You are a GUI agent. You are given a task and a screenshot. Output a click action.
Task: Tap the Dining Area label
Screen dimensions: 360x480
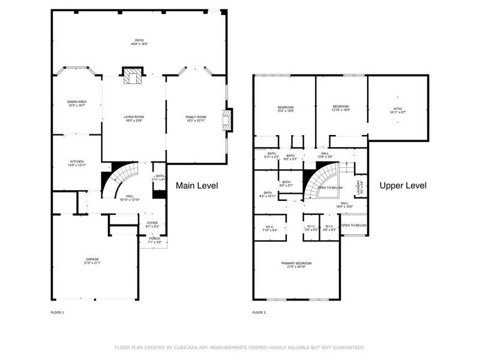point(77,103)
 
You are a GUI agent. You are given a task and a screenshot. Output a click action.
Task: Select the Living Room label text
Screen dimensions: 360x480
point(134,118)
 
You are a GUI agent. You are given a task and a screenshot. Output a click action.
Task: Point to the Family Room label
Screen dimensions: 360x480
point(196,118)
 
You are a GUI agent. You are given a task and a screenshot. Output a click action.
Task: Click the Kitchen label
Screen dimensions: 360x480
point(76,163)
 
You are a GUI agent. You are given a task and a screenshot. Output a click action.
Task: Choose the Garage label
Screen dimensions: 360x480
point(92,260)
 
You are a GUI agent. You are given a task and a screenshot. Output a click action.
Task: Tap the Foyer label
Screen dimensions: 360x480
point(152,224)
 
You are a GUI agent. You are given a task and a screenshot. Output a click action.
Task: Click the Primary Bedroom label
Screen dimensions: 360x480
point(296,265)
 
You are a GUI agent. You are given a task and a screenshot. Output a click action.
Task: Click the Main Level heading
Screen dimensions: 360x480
point(197,186)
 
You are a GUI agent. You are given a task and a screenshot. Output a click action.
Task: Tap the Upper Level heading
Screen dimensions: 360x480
point(403,186)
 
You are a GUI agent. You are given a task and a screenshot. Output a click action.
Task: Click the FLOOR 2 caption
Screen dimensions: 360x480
point(259,312)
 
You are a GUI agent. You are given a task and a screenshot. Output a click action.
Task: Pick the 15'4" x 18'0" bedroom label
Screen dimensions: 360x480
point(284,109)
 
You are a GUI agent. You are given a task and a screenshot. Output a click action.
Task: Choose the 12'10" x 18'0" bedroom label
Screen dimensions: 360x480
point(341,109)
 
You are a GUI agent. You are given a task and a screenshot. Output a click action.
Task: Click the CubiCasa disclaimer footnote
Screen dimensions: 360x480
point(239,347)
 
